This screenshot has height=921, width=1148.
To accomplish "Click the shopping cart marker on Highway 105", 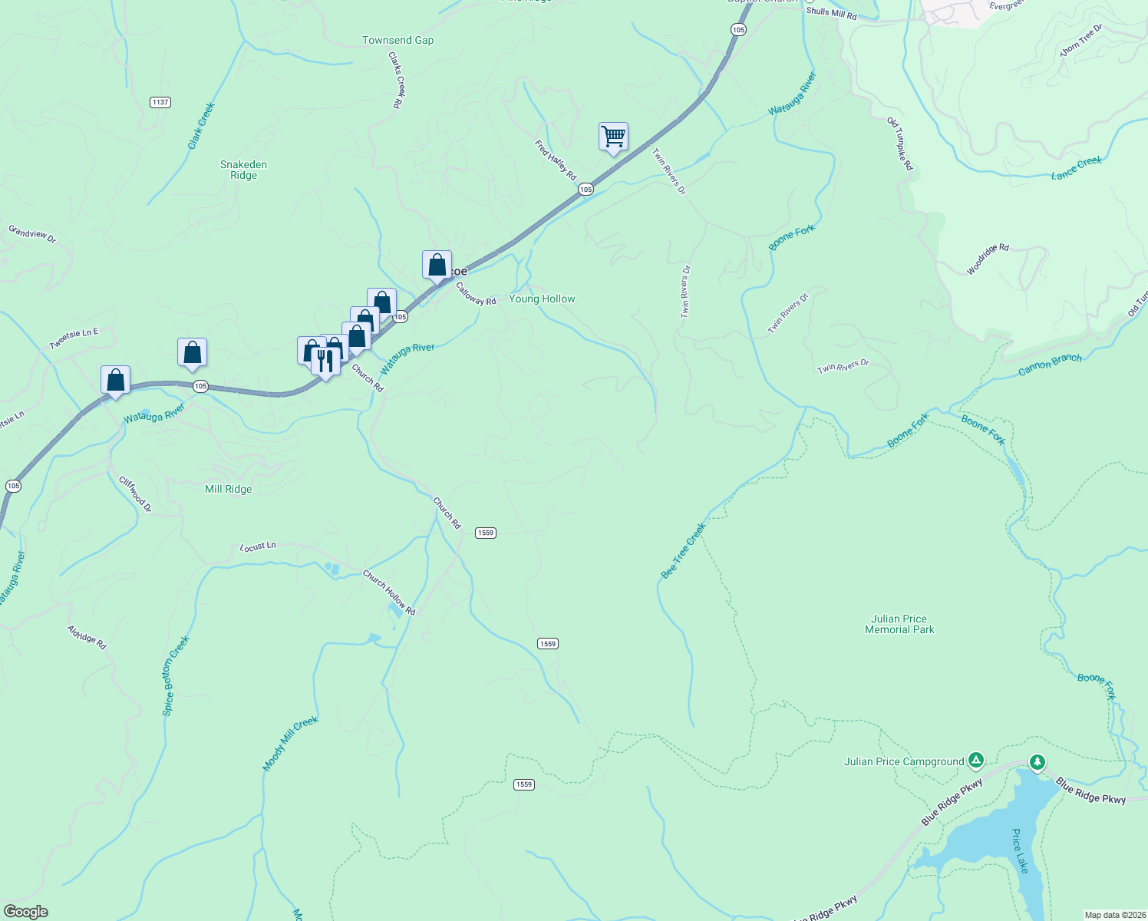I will pos(613,137).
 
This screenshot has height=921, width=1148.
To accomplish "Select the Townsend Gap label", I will pos(398,40).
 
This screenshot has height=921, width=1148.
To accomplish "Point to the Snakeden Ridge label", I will pos(243,170).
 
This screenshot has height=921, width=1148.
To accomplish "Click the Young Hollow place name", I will pos(542,299).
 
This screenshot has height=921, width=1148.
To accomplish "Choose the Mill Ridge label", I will pos(228,489).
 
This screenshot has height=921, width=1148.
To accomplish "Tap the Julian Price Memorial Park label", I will pos(899,624).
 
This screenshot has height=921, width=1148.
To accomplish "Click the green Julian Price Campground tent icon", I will pos(975,761).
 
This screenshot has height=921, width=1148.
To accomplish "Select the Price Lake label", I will pos(1020,850).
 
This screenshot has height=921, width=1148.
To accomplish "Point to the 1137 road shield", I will pos(160,102).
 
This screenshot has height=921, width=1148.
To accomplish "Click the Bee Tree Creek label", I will pos(683,551).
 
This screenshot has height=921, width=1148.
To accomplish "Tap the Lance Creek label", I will pos(1076,168).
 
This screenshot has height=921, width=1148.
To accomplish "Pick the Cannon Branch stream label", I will pos(1050,365).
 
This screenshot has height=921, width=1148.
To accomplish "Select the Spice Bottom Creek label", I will pos(176,676).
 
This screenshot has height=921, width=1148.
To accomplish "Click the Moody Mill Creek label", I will pos(290,743).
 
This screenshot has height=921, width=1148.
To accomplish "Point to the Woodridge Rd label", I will pos(988,259).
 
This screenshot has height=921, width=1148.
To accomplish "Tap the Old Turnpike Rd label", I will pos(900,144).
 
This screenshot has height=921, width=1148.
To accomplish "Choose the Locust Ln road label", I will pos(258,546).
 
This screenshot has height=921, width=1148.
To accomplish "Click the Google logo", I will pos(26,912).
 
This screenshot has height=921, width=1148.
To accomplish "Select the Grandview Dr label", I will pos(32,233).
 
